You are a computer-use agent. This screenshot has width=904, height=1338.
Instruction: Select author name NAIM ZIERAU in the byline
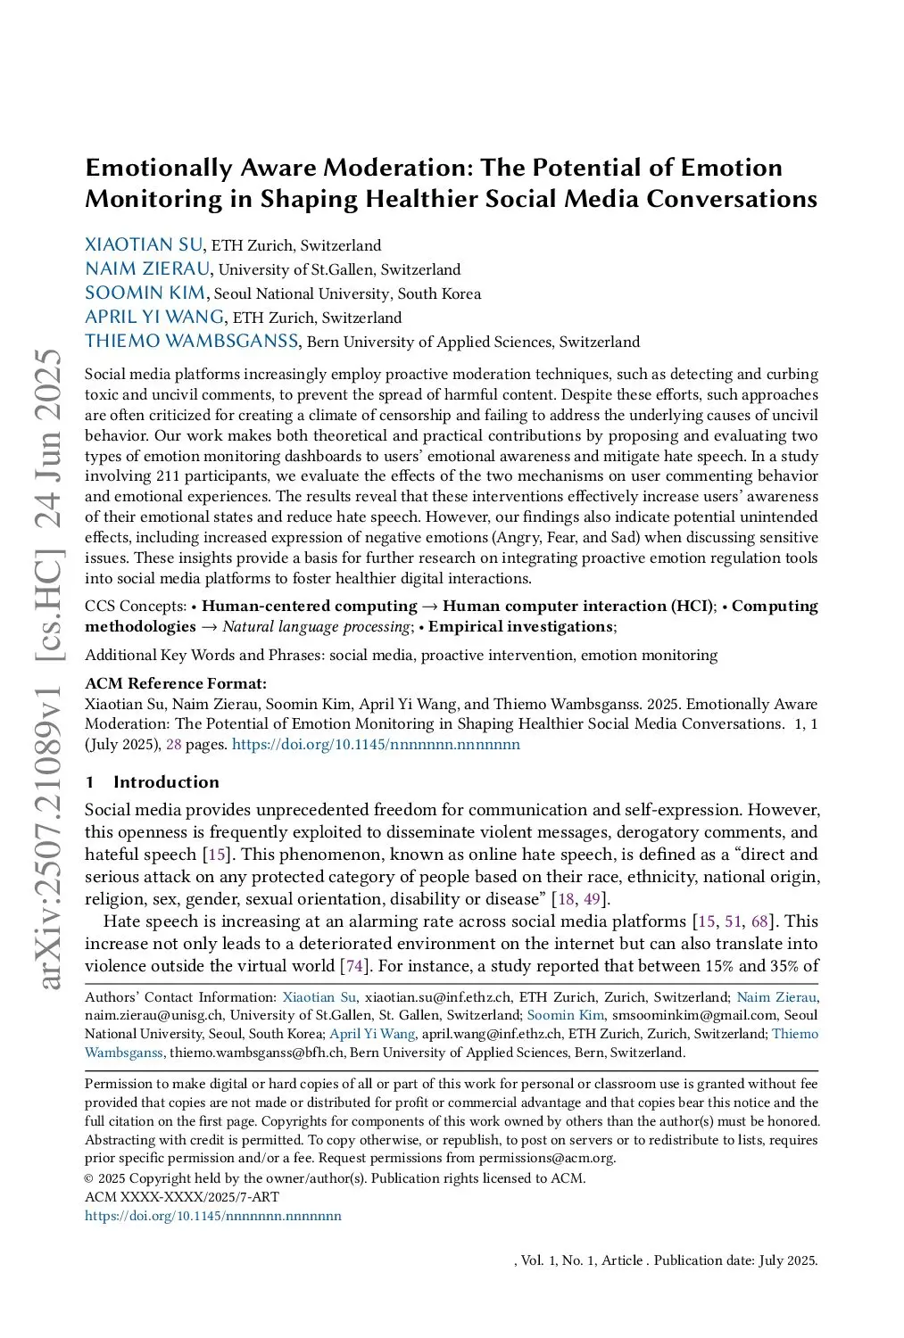pos(148,269)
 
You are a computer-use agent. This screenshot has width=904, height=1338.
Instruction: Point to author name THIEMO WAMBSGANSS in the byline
pos(192,342)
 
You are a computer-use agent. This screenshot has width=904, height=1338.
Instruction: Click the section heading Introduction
pos(166,782)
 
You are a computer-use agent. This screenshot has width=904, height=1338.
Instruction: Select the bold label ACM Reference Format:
pos(176,683)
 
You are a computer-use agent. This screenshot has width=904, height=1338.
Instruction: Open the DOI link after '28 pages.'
pos(376,744)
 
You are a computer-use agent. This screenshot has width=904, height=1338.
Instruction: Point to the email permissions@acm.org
pos(546,1158)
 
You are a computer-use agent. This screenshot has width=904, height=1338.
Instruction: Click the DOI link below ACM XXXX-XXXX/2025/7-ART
pos(213,1216)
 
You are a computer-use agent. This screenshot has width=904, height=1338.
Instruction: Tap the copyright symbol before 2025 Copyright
pos(89,1178)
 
